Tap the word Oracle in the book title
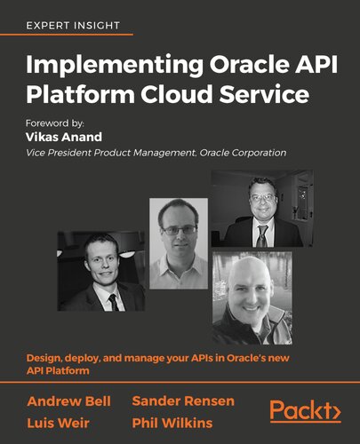tap(212, 66)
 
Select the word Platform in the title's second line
tap(68, 95)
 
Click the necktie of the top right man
tap(261, 234)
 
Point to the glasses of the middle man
tap(179, 230)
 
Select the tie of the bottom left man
tap(113, 302)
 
